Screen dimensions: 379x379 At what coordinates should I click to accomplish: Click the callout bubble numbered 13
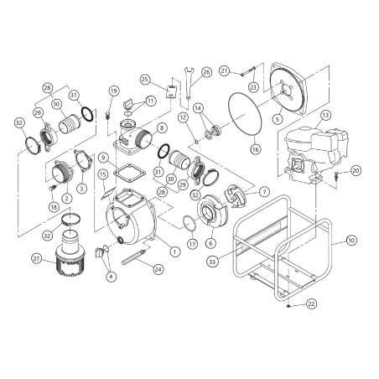click(325, 115)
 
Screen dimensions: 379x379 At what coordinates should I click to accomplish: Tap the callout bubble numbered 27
click(37, 258)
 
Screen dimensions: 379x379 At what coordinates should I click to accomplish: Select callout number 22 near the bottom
click(311, 304)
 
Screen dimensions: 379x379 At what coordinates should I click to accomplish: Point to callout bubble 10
click(351, 240)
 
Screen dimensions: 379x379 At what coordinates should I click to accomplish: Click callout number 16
click(256, 149)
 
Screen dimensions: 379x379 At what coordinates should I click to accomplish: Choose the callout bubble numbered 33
click(212, 262)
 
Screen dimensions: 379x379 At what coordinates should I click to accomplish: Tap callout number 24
click(158, 269)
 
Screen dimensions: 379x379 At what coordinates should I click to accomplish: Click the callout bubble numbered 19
click(113, 91)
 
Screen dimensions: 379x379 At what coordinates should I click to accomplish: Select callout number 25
click(145, 80)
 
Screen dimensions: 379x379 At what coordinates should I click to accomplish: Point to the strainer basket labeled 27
click(70, 261)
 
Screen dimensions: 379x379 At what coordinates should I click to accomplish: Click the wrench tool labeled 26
click(188, 83)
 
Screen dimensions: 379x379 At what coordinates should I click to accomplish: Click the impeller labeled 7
click(236, 196)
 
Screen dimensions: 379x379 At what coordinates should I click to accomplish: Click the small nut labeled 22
click(288, 306)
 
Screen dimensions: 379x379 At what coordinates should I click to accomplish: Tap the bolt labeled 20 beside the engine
click(336, 175)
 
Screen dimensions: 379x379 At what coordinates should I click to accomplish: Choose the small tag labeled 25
click(171, 92)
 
